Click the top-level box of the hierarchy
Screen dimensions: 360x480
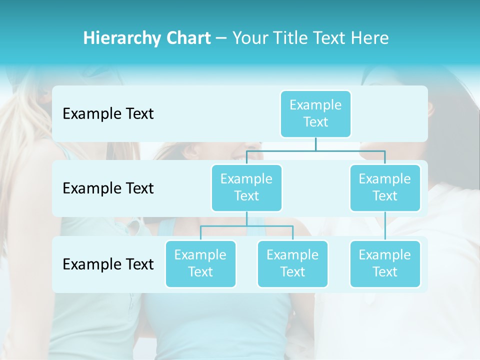(315, 113)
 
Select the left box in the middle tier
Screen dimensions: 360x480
(246, 187)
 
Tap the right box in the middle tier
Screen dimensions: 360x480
(385, 187)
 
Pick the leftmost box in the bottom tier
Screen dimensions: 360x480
(200, 263)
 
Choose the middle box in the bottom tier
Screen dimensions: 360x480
(292, 263)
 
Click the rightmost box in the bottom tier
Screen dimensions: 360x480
(385, 263)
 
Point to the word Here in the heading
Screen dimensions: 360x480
(370, 38)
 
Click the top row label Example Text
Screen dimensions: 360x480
(108, 114)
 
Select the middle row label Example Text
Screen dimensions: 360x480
(108, 188)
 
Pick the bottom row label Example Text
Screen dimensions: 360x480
(108, 264)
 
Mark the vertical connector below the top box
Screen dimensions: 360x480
(315, 143)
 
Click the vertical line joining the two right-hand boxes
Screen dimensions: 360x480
(385, 225)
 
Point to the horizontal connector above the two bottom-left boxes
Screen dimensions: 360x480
(246, 226)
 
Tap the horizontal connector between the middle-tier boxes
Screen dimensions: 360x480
(315, 150)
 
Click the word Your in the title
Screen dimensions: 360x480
(250, 38)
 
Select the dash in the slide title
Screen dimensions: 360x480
(221, 38)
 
